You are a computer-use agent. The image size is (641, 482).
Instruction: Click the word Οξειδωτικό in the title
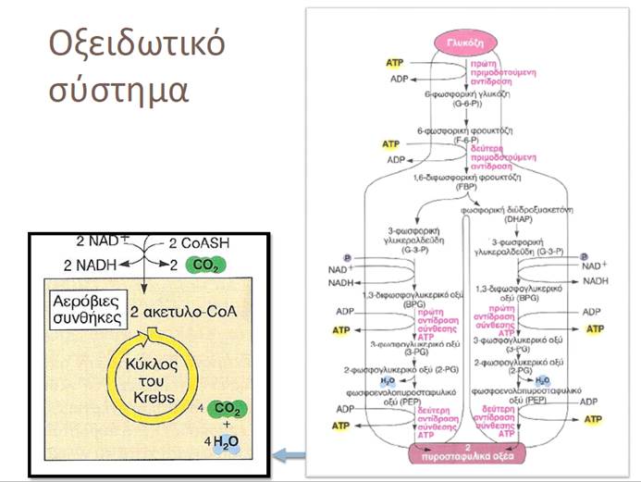pyautogui.click(x=136, y=44)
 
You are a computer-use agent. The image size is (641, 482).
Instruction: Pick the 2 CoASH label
pyautogui.click(x=202, y=244)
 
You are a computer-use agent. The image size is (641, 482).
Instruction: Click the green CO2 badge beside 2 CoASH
pyautogui.click(x=202, y=266)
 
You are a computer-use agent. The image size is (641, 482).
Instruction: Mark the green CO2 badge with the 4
pyautogui.click(x=225, y=408)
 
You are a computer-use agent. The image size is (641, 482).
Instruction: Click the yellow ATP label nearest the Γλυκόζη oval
pyautogui.click(x=395, y=62)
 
